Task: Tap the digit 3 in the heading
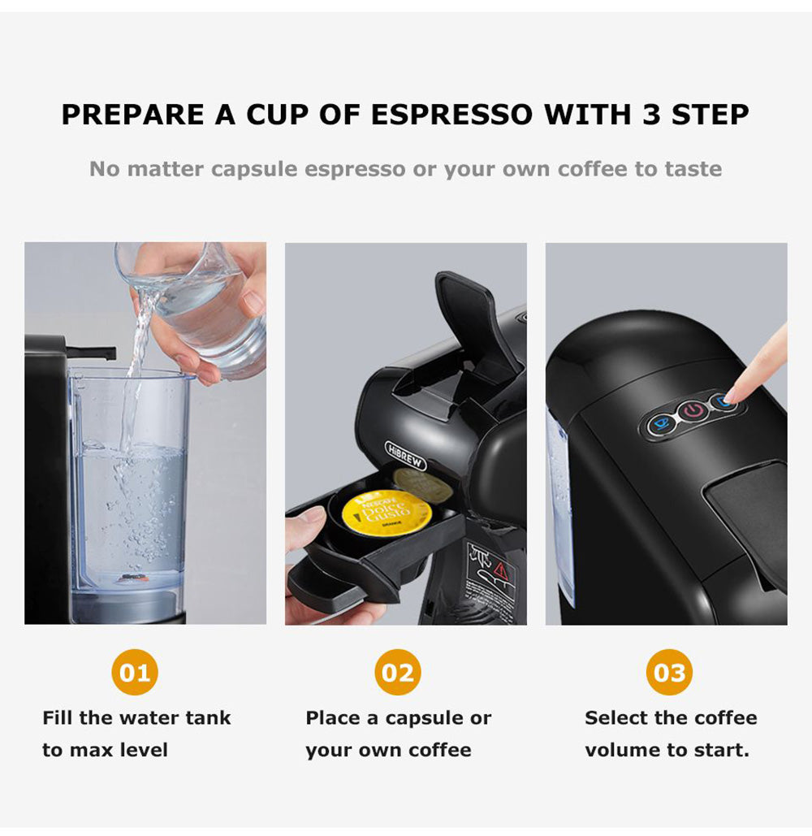click(650, 115)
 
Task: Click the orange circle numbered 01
click(135, 673)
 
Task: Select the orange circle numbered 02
click(398, 673)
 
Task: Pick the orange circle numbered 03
click(669, 673)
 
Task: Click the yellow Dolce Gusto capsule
click(387, 513)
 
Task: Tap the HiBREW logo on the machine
click(404, 455)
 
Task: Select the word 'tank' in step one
click(208, 718)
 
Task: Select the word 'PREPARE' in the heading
click(133, 115)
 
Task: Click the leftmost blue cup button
click(663, 422)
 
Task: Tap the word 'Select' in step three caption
click(614, 718)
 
